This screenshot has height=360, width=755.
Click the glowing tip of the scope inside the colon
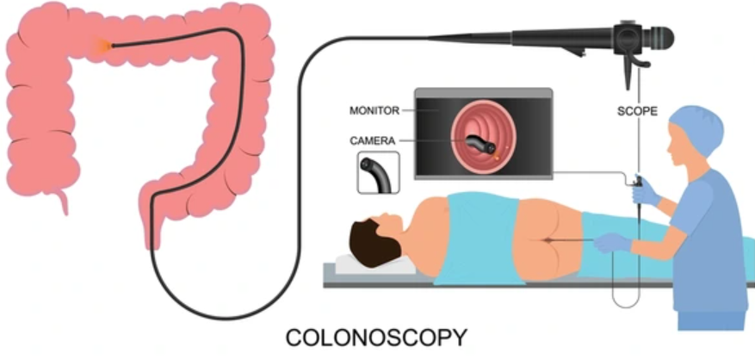click(112, 46)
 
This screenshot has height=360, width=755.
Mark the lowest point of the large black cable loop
click(226, 318)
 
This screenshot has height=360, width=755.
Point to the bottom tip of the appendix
click(65, 213)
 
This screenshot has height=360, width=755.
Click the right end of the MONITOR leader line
click(439, 110)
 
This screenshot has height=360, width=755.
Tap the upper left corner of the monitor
click(415, 88)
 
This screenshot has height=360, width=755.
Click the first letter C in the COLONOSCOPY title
click(294, 338)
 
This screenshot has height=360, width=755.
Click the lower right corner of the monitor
click(553, 179)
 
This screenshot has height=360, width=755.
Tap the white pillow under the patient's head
click(375, 264)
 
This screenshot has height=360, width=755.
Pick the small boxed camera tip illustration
click(379, 172)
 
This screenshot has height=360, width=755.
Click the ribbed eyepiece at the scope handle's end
click(659, 39)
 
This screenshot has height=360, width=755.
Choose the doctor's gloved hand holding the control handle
click(645, 192)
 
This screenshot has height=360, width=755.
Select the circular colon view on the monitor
click(483, 137)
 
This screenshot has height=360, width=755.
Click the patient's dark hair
click(374, 242)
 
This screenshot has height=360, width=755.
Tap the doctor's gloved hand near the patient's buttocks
click(612, 242)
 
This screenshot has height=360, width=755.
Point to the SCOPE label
click(638, 111)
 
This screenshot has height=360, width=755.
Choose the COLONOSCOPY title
click(376, 338)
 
